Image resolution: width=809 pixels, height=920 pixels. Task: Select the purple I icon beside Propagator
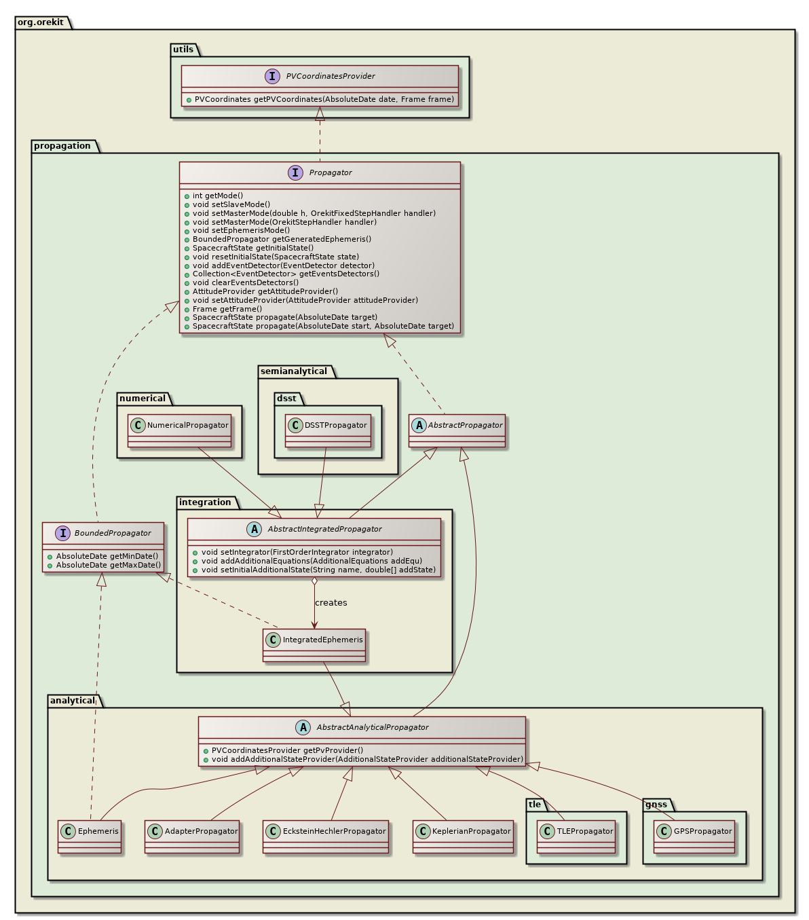295,172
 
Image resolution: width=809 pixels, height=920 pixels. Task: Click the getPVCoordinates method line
324,99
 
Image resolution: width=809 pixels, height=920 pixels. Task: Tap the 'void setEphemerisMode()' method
231,230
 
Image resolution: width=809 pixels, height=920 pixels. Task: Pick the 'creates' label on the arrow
331,603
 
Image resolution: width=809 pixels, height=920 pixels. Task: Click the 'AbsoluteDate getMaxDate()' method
109,565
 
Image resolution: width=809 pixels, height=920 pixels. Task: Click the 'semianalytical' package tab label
293,371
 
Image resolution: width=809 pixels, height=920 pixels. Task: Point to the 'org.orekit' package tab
41,22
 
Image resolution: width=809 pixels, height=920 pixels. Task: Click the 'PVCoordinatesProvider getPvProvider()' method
287,750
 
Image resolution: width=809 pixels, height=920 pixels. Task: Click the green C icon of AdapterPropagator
155,831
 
